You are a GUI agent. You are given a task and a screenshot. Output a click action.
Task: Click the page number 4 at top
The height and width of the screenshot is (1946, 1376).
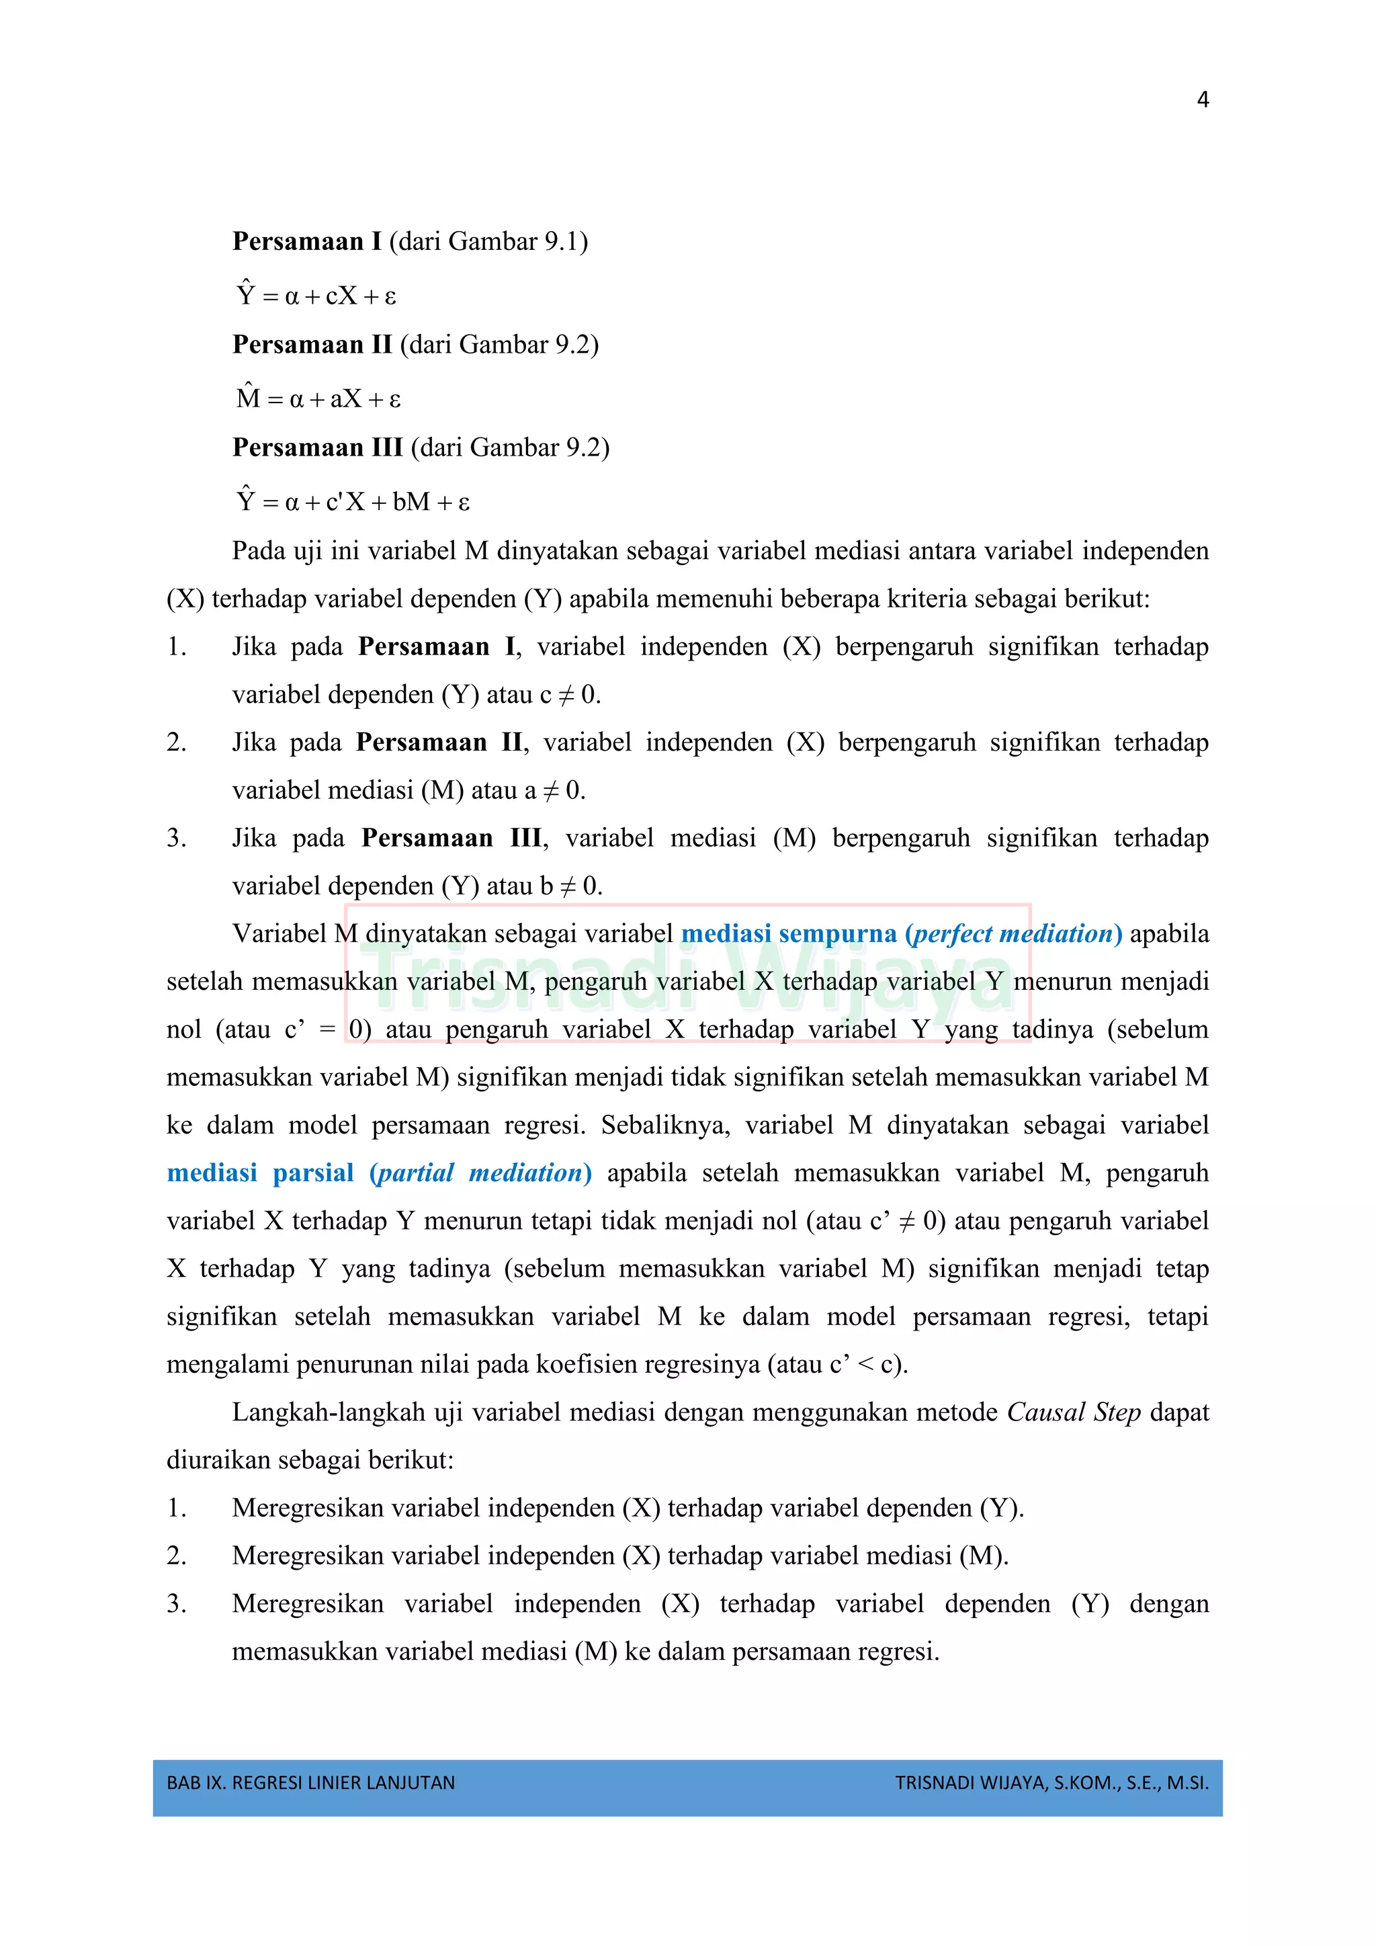[1202, 100]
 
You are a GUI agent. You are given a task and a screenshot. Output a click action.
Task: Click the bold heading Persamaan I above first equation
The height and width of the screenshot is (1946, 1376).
[307, 241]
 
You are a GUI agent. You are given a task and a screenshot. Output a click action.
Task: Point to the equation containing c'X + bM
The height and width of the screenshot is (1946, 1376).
[353, 501]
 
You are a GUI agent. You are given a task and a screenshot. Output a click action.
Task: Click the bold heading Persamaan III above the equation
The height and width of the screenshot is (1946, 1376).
[317, 448]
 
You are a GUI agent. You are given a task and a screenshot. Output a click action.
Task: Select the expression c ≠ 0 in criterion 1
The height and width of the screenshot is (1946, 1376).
[568, 695]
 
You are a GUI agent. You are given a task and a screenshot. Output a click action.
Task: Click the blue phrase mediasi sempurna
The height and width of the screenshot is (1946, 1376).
[788, 934]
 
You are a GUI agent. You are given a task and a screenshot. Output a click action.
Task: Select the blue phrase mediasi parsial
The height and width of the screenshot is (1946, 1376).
[260, 1173]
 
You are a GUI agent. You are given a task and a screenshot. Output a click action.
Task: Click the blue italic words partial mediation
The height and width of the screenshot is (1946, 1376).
[480, 1173]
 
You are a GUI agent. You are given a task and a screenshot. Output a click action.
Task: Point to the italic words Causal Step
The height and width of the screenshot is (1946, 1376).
[1073, 1412]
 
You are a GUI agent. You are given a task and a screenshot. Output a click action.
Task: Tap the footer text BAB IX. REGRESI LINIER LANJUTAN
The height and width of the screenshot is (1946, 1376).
[311, 1783]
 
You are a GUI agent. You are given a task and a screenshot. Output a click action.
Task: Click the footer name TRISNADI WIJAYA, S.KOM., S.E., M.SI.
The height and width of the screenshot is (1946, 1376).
[1051, 1783]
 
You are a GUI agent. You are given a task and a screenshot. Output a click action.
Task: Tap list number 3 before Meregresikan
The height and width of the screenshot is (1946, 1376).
[175, 1603]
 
